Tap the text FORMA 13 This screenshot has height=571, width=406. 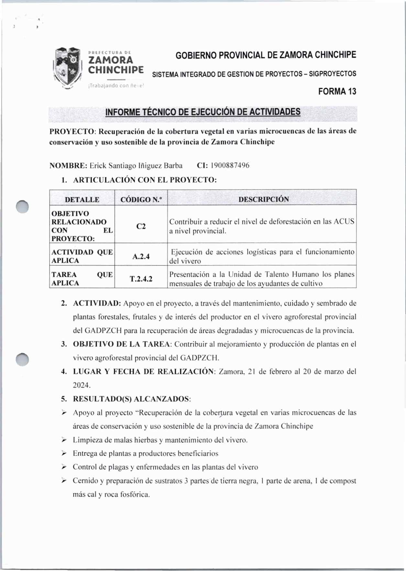(337, 91)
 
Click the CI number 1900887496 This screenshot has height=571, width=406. (230, 165)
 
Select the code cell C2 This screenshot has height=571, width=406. (141, 226)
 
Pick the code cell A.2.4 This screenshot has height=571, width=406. (141, 256)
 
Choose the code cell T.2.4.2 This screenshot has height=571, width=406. (141, 279)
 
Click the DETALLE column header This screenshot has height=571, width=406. (82, 200)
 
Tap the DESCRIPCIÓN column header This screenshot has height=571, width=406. (264, 199)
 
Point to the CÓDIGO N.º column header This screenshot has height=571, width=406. (141, 200)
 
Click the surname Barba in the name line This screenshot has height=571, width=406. (173, 166)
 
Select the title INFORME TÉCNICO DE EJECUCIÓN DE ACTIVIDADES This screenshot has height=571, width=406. (203, 112)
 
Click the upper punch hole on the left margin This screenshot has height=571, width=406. (23, 207)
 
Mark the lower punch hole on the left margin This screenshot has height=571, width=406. (23, 359)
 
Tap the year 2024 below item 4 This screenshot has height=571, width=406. (82, 385)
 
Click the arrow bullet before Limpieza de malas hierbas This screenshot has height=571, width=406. (64, 440)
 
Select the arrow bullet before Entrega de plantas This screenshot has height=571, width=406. (64, 453)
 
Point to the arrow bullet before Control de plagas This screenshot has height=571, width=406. (64, 467)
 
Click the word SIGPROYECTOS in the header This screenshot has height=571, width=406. (333, 74)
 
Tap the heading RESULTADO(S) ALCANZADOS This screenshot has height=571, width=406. (132, 399)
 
